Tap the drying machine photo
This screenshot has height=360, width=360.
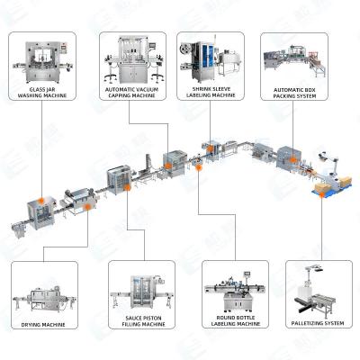pyautogui.click(x=41, y=292)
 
